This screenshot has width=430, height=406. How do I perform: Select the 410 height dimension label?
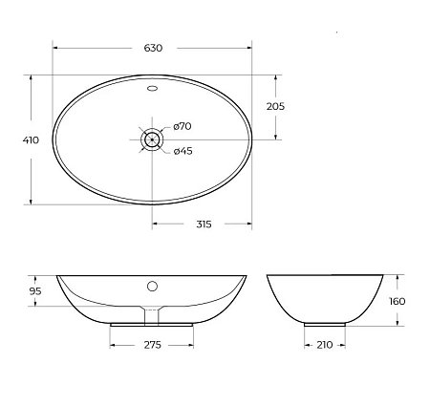coord(31,139)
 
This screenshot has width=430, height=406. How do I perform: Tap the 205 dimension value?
coord(275,106)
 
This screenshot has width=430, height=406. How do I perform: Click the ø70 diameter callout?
coord(183,127)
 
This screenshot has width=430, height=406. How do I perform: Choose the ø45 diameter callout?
coord(183,150)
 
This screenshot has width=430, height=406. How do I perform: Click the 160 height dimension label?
coord(397,301)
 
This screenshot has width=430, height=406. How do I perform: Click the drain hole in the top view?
coord(152,139)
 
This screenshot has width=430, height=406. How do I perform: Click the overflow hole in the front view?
coord(152,285)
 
